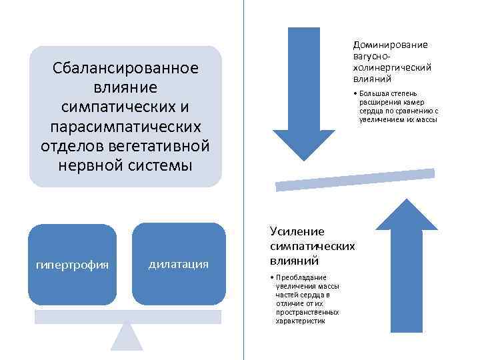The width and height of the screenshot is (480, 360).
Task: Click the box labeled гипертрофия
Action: (72, 264)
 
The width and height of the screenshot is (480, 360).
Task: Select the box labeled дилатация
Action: (178, 264)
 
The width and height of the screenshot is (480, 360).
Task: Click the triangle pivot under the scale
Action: (127, 336)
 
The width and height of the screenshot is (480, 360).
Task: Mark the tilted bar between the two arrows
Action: (355, 180)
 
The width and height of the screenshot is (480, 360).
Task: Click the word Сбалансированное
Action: (125, 69)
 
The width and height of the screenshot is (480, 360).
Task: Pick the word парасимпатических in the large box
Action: (125, 126)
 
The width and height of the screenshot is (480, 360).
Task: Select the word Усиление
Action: (297, 231)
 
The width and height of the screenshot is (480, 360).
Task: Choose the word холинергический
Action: (392, 67)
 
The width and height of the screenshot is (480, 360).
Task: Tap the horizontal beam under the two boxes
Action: (127, 317)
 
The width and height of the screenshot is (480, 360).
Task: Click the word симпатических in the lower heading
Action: (312, 246)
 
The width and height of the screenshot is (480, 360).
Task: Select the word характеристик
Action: (301, 321)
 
